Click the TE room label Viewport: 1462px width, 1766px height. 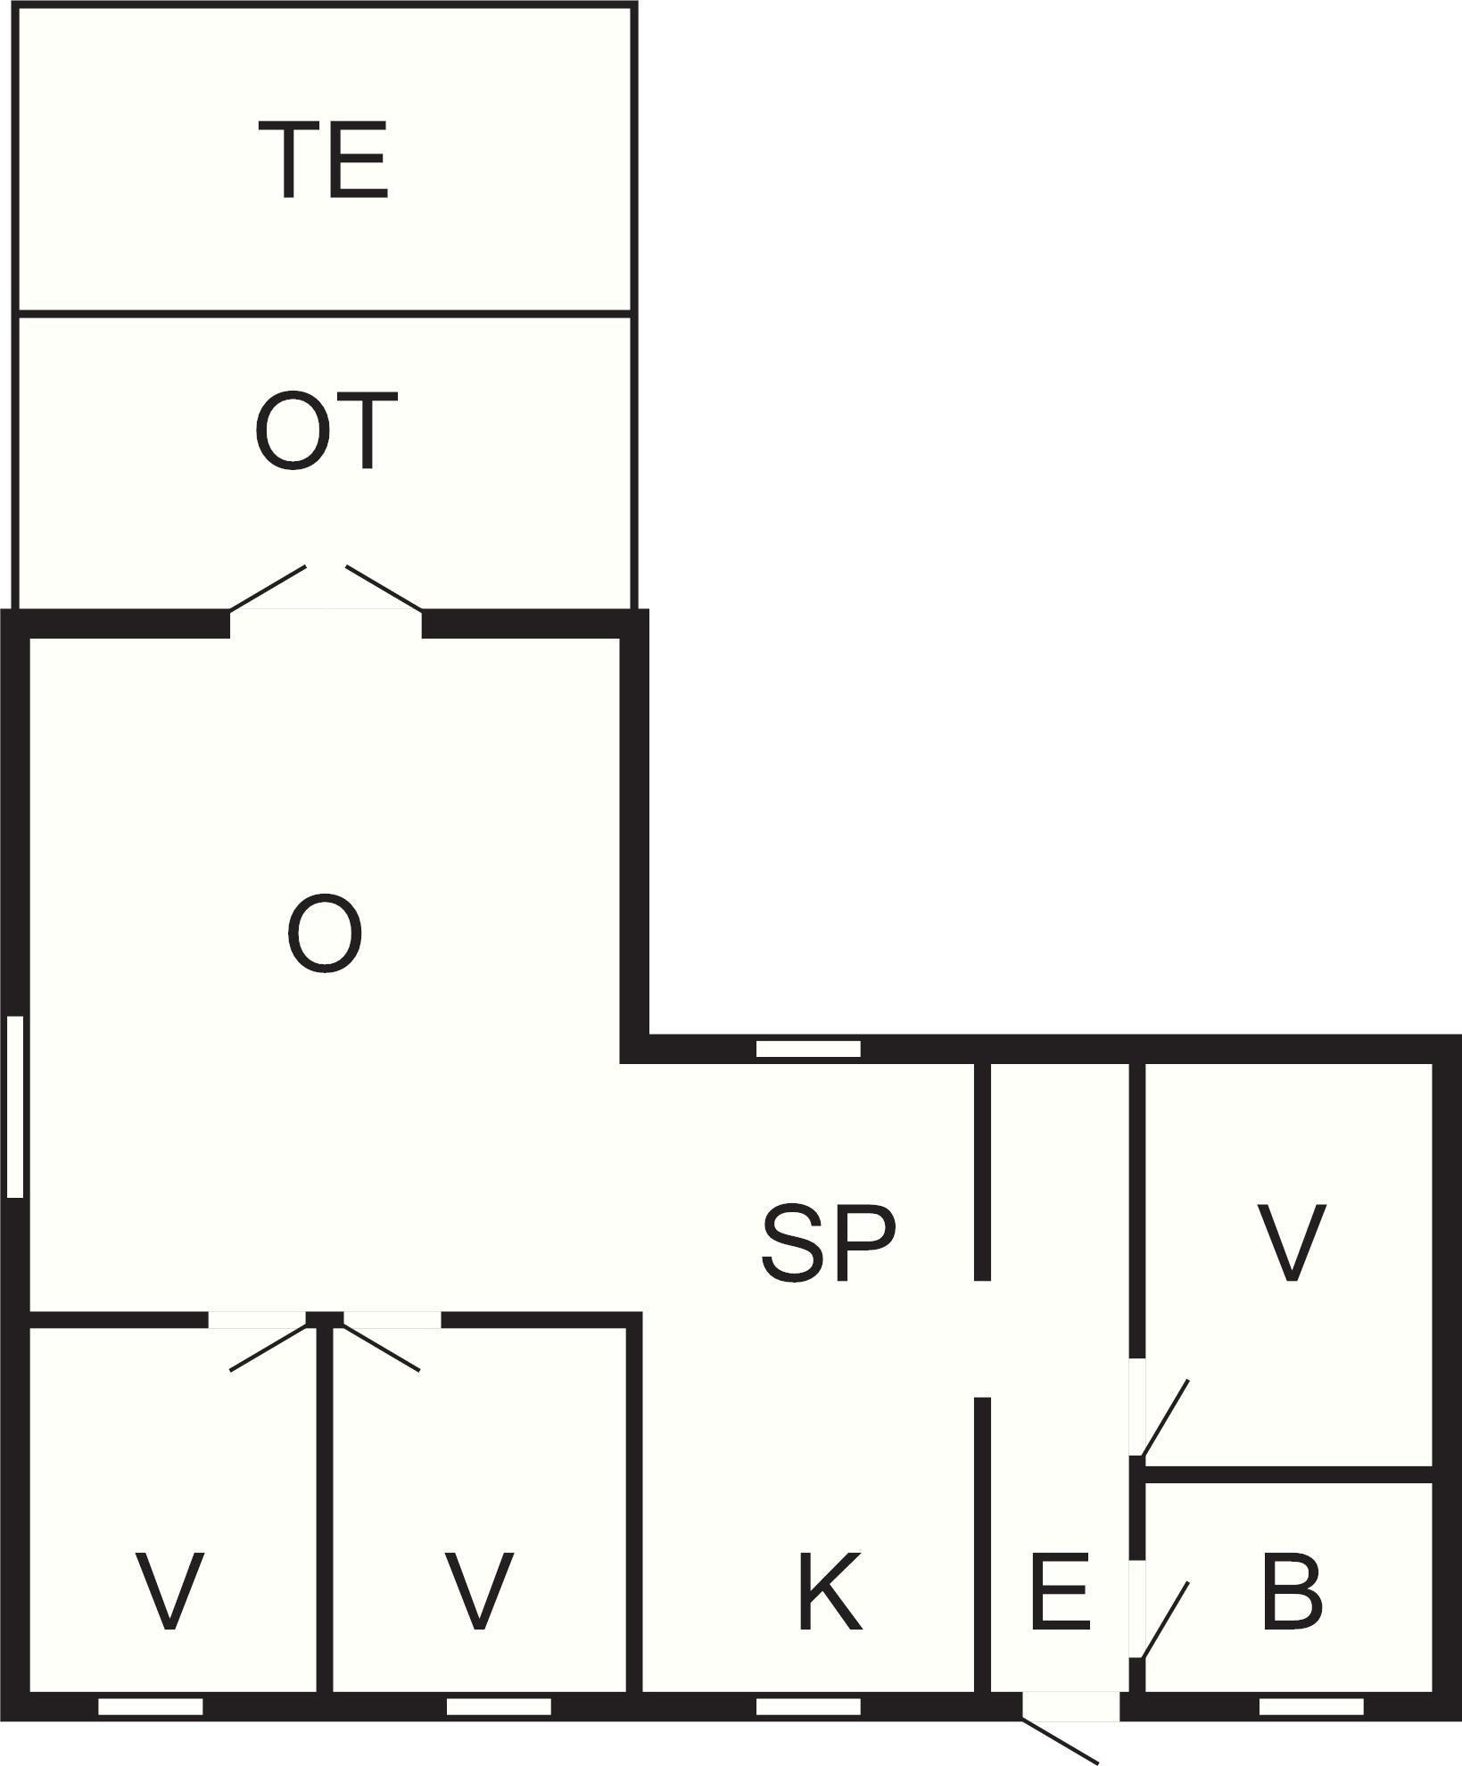323,160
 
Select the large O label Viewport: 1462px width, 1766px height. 325,934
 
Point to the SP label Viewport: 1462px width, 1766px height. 828,1243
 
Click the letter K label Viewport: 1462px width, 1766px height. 830,1590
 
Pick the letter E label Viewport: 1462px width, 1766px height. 1060,1590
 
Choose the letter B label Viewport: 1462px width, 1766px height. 1293,1590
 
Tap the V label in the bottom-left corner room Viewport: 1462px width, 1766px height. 169,1590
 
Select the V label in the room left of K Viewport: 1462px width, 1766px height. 480,1590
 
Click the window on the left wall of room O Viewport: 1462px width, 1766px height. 14,1106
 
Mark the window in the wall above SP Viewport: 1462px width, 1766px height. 808,1049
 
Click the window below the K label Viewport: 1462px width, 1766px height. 808,1706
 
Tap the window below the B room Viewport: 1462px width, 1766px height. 1311,1706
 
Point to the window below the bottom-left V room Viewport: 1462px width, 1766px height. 150,1706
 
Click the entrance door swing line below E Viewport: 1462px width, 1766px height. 1061,1739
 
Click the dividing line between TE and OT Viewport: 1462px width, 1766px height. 325,313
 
